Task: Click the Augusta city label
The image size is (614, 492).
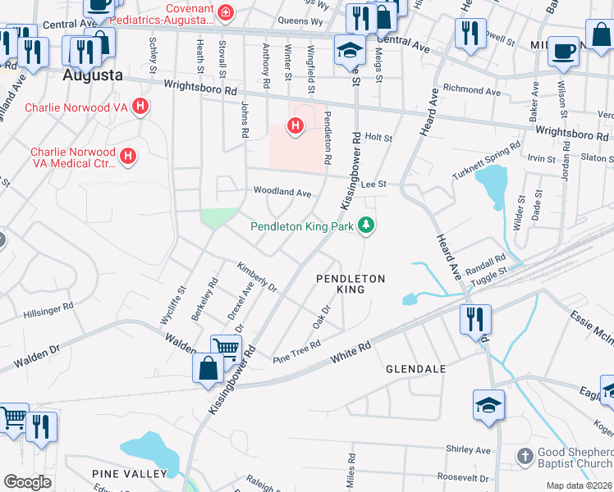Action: pyautogui.click(x=94, y=75)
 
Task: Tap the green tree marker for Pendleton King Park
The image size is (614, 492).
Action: pyautogui.click(x=367, y=225)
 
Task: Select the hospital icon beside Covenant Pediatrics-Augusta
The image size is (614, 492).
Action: pyautogui.click(x=223, y=13)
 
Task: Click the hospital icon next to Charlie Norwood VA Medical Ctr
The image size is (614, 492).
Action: pyautogui.click(x=127, y=155)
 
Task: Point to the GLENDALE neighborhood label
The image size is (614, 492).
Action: pyautogui.click(x=416, y=369)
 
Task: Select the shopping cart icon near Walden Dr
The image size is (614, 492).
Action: pyautogui.click(x=226, y=348)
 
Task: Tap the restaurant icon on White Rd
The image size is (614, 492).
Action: pyautogui.click(x=476, y=317)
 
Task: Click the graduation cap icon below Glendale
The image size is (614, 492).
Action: pyautogui.click(x=488, y=403)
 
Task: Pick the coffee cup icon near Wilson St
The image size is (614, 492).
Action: pyautogui.click(x=562, y=49)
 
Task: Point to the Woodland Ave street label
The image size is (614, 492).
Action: pyautogui.click(x=282, y=193)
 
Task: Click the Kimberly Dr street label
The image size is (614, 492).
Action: pyautogui.click(x=258, y=276)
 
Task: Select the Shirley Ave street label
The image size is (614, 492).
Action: pyautogui.click(x=467, y=449)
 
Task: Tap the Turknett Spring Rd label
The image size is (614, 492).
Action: pyautogui.click(x=487, y=161)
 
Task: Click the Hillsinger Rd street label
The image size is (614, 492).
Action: pyautogui.click(x=49, y=314)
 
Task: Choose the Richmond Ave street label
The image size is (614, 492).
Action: pyautogui.click(x=471, y=89)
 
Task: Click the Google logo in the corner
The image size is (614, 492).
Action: pyautogui.click(x=26, y=481)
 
